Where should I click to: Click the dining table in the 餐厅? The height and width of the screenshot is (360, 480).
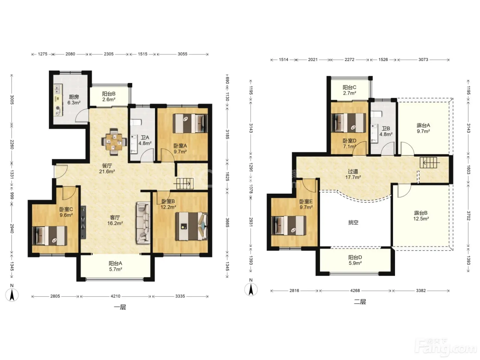114,142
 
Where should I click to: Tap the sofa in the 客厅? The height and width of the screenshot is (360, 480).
143,223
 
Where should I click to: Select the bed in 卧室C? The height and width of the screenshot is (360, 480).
50,236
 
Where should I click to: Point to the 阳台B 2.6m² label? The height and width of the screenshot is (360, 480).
109,97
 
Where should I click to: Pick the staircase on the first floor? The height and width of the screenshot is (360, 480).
185,184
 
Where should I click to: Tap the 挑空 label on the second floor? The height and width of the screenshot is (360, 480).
353,223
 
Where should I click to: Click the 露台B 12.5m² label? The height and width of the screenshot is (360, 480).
421,216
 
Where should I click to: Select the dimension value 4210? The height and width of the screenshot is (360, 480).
116,296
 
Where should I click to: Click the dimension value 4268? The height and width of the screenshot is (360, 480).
355,290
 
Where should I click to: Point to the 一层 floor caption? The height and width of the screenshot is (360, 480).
120,307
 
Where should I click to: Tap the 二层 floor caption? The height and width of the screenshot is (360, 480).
360,302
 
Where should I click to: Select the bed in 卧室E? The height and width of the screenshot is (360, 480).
289,226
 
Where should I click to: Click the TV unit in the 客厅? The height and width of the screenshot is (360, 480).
83,222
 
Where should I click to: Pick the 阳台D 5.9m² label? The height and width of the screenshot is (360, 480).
355,260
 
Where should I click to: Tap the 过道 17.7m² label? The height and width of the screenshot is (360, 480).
353,174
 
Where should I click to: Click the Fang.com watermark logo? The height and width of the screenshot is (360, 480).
446,348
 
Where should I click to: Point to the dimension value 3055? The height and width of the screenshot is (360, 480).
182,54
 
